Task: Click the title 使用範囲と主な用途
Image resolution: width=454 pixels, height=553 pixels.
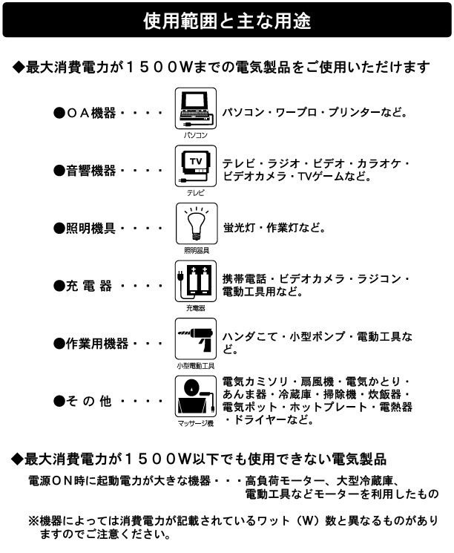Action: (x=227, y=21)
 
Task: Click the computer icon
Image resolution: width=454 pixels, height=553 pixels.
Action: (x=196, y=108)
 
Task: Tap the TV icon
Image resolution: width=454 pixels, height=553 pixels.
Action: (x=196, y=166)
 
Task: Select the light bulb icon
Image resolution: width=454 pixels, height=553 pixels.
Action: (x=197, y=223)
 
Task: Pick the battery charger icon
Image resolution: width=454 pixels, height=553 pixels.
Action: (x=196, y=281)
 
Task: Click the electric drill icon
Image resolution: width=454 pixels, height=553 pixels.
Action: (x=196, y=339)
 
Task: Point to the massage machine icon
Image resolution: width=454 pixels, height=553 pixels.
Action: (x=196, y=396)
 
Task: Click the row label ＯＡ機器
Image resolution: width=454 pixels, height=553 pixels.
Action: (x=91, y=114)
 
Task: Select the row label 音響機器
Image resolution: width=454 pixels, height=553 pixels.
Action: (x=91, y=171)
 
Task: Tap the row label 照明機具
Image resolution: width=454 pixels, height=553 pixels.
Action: (x=91, y=229)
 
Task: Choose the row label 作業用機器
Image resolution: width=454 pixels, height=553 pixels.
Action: (x=97, y=344)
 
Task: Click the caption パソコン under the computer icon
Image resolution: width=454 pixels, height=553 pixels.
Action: (x=196, y=135)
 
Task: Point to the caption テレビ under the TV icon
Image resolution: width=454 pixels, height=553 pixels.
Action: (x=196, y=192)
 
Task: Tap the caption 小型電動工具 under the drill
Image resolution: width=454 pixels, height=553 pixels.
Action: (x=196, y=366)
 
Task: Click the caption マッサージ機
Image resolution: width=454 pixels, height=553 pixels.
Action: (x=196, y=423)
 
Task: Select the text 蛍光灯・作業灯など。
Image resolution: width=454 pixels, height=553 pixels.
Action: (x=274, y=228)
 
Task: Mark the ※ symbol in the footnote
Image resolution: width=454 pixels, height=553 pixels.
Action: (x=34, y=521)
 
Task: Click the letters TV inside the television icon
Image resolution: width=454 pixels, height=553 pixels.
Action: (x=196, y=162)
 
